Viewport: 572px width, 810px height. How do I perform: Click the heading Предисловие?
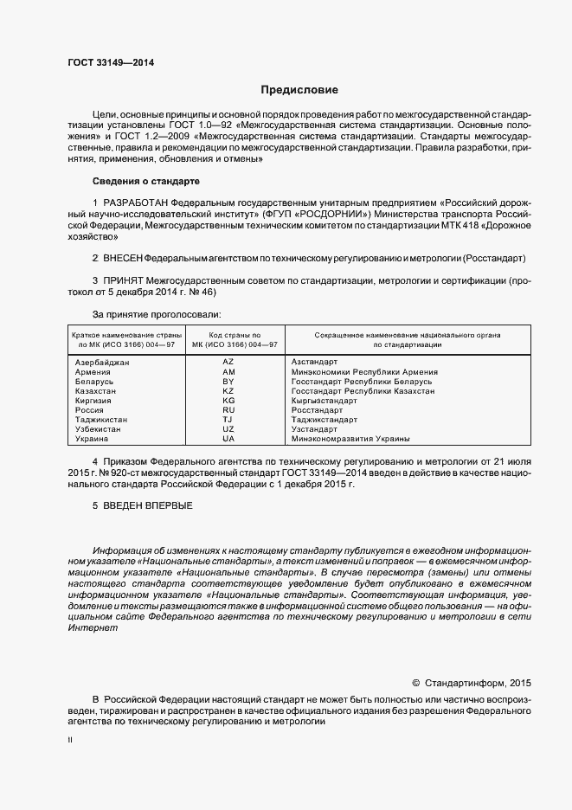coord(299,90)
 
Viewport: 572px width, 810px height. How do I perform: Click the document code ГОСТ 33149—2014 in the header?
coord(106,62)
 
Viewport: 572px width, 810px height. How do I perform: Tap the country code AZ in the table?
coord(228,361)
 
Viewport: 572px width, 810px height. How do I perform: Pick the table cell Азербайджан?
coord(102,362)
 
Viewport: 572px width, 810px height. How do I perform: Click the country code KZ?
coord(228,390)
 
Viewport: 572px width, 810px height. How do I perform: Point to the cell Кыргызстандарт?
coord(324,401)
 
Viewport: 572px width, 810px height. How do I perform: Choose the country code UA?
coord(228,439)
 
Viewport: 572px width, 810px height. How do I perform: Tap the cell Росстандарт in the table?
coord(318,410)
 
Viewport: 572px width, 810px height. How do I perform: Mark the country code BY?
coord(228,381)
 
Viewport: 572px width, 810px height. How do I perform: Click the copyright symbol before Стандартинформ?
coord(415,682)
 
